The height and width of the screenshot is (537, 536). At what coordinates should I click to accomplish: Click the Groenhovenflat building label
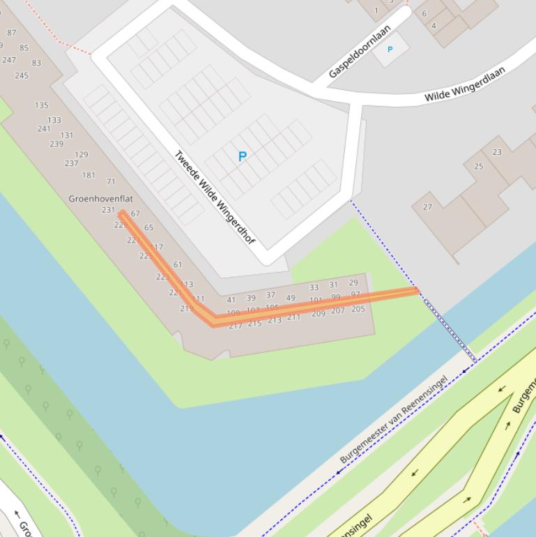[x=100, y=199]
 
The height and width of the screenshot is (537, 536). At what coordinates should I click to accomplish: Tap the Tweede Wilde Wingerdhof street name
[x=214, y=197]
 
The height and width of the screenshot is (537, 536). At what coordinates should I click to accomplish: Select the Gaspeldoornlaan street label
[x=359, y=52]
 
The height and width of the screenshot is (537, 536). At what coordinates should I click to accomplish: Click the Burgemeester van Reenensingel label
[x=394, y=420]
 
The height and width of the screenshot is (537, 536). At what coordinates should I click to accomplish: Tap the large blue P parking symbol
[x=243, y=156]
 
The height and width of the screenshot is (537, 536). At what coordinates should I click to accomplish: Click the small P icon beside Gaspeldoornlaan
[x=390, y=49]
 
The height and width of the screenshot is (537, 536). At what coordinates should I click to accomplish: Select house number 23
[x=497, y=152]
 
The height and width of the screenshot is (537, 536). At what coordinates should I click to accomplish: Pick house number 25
[x=478, y=166]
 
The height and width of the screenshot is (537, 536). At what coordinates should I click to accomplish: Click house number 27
[x=427, y=206]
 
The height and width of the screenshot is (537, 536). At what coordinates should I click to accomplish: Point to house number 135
[x=41, y=105]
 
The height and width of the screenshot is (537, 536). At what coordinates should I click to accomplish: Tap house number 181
[x=89, y=175]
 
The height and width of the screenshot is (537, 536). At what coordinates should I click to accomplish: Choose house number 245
[x=21, y=75]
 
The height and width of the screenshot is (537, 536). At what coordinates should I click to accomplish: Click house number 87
[x=11, y=33]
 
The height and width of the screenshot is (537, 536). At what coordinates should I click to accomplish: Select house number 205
[x=358, y=309]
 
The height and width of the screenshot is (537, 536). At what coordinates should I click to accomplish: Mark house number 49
[x=290, y=298]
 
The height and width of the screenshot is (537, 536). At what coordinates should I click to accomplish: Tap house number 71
[x=111, y=182]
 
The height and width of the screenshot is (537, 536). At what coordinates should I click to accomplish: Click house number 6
[x=424, y=13]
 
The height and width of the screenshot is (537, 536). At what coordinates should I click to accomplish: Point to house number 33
[x=314, y=287]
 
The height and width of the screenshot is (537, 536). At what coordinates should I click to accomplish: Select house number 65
[x=148, y=227]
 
